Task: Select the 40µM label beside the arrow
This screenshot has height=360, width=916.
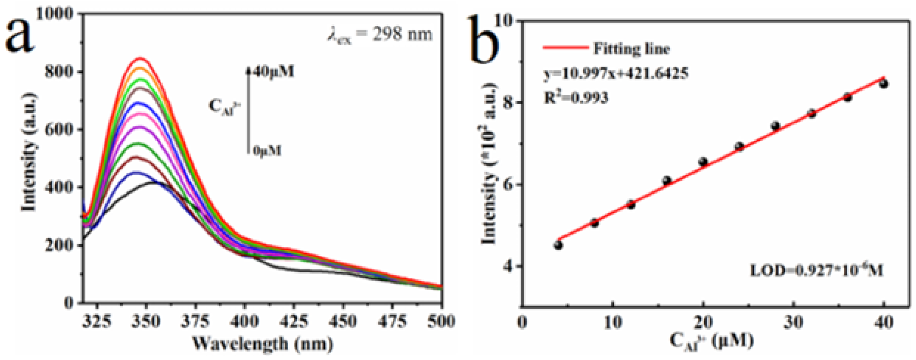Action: (274, 72)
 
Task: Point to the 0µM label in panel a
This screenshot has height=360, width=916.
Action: (267, 151)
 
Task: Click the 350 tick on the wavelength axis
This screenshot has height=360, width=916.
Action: (146, 322)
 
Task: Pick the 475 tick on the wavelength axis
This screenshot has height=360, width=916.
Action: (393, 322)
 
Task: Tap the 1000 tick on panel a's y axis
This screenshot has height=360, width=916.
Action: (54, 14)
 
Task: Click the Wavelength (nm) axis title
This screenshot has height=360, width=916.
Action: (262, 343)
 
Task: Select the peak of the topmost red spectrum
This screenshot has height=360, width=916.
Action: (140, 58)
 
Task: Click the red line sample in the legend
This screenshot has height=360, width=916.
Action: (565, 48)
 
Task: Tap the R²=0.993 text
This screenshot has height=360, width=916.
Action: (576, 97)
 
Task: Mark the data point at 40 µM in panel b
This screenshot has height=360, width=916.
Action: (883, 84)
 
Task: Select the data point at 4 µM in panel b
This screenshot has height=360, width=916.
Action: (558, 245)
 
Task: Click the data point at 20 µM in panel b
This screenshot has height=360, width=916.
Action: (703, 162)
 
